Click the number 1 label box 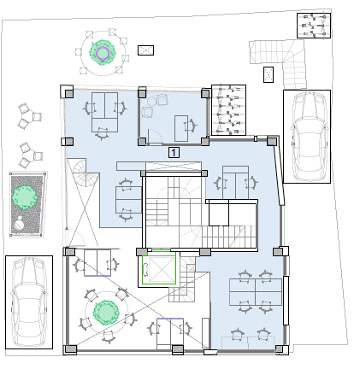pyautogui.click(x=174, y=152)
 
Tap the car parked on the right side pyautogui.click(x=308, y=136)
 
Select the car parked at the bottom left pyautogui.click(x=28, y=302)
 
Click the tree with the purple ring pyautogui.click(x=102, y=53)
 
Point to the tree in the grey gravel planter pyautogui.click(x=24, y=197)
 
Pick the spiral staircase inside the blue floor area pyautogui.click(x=83, y=173)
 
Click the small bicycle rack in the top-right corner pyautogui.click(x=314, y=26)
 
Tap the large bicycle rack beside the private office pyautogui.click(x=228, y=110)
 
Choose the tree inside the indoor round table pyautogui.click(x=106, y=312)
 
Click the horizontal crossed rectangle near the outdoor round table pyautogui.click(x=145, y=50)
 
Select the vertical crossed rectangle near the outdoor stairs pyautogui.click(x=269, y=75)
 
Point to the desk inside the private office pyautogui.click(x=181, y=128)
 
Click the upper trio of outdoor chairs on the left pyautogui.click(x=28, y=116)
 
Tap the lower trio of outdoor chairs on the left pyautogui.click(x=30, y=155)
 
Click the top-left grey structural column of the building pyautogui.click(x=69, y=93)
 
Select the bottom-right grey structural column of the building pyautogui.click(x=280, y=349)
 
